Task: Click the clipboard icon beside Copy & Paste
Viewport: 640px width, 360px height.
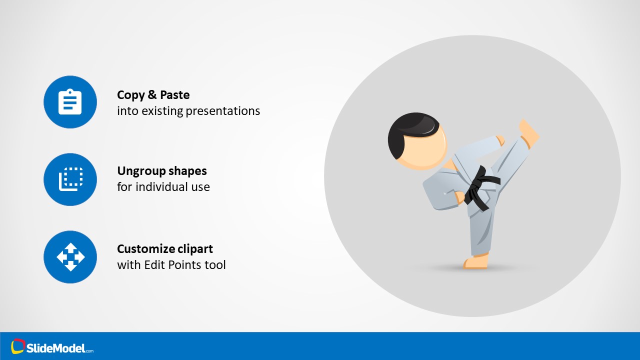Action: coord(70,102)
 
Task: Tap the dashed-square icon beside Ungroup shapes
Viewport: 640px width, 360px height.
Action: coord(70,179)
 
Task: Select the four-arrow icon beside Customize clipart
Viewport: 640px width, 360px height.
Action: coord(70,256)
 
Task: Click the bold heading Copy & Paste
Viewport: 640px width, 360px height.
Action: coord(153,95)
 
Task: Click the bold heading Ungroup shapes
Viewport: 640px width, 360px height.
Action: coord(161,171)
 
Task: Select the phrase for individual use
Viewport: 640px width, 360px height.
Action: coord(163,187)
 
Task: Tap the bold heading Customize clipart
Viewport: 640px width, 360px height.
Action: coord(164,249)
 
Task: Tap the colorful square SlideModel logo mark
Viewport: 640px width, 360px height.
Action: coord(18,346)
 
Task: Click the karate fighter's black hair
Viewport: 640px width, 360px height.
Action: coord(407,132)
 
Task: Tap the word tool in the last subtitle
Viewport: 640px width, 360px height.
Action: coord(215,265)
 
